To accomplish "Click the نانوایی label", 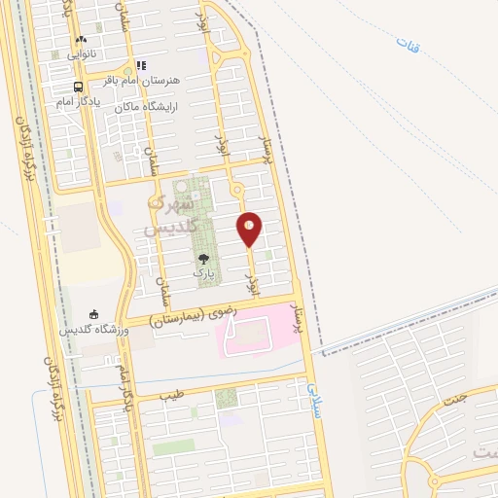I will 81,54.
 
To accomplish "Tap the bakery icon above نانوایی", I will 81,41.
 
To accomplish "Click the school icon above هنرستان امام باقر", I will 142,65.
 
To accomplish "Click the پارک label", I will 202,273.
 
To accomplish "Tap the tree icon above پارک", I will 202,259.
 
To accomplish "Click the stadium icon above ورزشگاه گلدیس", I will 94,314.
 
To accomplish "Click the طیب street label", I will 172,396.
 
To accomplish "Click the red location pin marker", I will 250,229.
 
